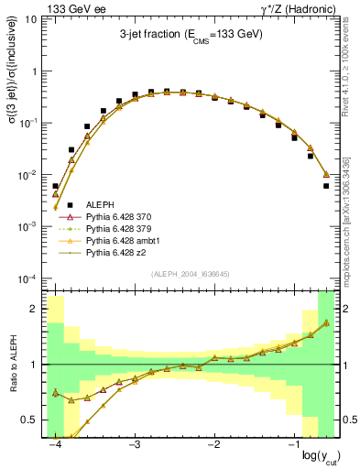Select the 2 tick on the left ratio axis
coord(35,309)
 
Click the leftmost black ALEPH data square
coord(56,186)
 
